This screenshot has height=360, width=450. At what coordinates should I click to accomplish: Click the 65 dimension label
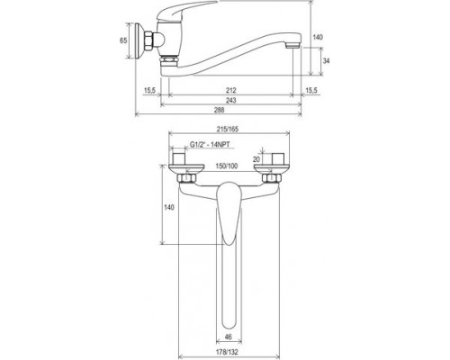point(123,40)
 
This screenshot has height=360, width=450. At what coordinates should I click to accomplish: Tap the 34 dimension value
point(326,61)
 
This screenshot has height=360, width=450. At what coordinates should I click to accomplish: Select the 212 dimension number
point(231,90)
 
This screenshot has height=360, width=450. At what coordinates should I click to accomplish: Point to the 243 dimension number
point(231,100)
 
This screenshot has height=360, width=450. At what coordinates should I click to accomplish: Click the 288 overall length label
point(220,110)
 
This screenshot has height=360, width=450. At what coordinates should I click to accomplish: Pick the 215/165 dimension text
point(229,130)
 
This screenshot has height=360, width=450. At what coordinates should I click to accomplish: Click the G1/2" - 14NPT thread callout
point(210,145)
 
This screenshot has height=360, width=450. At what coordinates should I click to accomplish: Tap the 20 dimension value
point(256,159)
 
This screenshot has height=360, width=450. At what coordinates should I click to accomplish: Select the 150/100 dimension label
point(227,166)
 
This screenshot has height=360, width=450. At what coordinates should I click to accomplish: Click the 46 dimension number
point(229,337)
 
